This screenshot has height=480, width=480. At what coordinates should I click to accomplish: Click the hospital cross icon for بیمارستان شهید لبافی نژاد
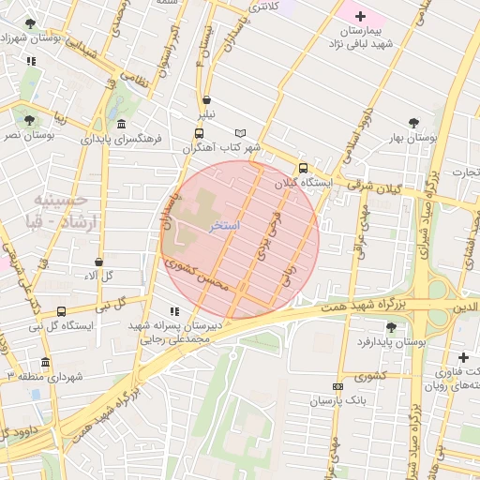361,17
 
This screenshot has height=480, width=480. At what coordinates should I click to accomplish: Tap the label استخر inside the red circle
226,227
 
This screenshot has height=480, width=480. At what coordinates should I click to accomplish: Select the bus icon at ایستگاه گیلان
302,169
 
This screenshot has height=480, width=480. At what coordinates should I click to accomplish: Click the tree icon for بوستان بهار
413,123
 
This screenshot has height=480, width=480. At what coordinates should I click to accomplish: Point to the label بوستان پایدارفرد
392,342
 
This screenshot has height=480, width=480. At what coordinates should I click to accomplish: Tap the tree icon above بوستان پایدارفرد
390,326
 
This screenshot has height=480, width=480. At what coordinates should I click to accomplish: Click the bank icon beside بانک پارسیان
337,386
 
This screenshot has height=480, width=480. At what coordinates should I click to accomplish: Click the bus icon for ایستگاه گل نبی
61,311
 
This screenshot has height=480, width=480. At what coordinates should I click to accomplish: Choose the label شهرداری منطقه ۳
46,376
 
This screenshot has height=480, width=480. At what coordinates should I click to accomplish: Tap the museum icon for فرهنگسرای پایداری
121,124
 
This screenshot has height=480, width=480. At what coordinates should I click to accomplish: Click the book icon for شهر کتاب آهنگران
241,133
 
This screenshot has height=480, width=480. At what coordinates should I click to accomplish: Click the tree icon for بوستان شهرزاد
31,22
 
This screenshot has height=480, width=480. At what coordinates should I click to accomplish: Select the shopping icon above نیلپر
206,99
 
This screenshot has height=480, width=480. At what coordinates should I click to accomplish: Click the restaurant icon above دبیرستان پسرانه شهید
173,310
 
